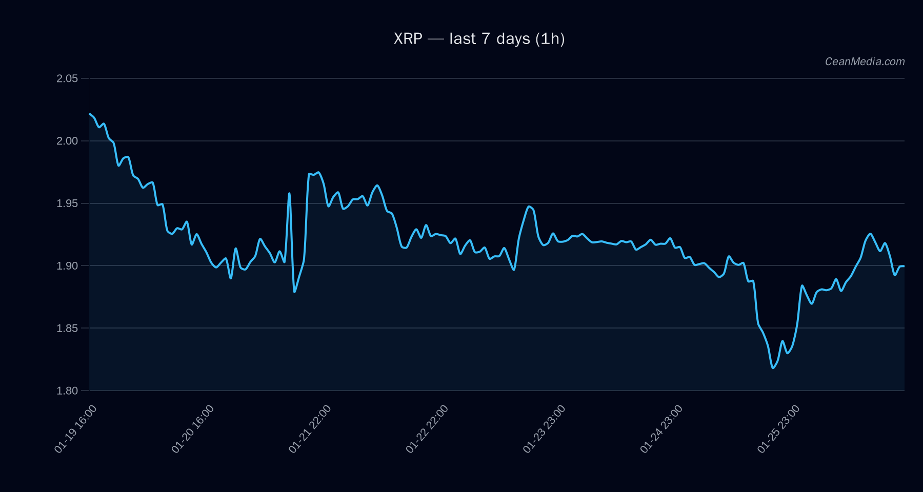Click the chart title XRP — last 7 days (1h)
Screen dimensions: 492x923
(479, 39)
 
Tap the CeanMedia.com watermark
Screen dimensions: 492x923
(865, 61)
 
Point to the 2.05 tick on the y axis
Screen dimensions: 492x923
(67, 78)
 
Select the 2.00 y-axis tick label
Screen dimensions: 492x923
(67, 141)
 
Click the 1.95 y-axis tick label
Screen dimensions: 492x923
(67, 203)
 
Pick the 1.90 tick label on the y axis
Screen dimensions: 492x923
(67, 265)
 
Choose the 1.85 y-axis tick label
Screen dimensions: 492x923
(67, 328)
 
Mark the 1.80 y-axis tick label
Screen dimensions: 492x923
(67, 391)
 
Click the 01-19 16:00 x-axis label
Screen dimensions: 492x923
(75, 429)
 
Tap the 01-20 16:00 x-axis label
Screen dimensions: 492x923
(193, 429)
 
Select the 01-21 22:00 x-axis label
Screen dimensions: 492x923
(310, 429)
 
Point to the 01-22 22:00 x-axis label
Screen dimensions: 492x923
(427, 429)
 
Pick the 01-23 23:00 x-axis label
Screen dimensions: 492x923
(544, 429)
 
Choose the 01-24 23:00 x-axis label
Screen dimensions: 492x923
(661, 429)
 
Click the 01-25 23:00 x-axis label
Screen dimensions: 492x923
(778, 429)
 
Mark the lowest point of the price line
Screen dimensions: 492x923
(773, 368)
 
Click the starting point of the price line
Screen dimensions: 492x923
(90, 114)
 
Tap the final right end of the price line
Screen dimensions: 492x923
(904, 266)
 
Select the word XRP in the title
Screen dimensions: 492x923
(408, 39)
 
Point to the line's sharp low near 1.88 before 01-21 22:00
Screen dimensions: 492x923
(294, 292)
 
